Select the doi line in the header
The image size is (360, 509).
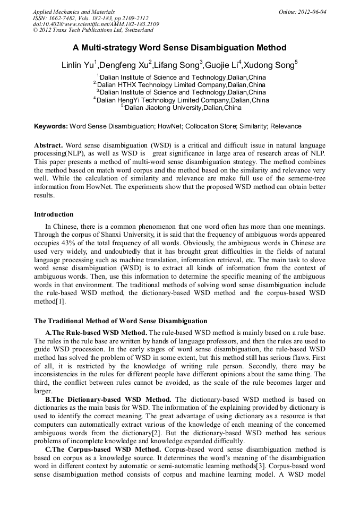[x=96, y=24]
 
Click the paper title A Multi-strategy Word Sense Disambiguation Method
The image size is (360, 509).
[x=179, y=48]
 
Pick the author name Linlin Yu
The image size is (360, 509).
[x=78, y=66]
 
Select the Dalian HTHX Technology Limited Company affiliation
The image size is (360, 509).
[x=181, y=84]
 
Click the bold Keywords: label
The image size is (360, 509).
[x=51, y=126]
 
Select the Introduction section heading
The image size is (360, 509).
[x=54, y=214]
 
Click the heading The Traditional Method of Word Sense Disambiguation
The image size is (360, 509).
[x=121, y=321]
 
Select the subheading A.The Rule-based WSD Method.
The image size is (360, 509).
[x=96, y=332]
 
